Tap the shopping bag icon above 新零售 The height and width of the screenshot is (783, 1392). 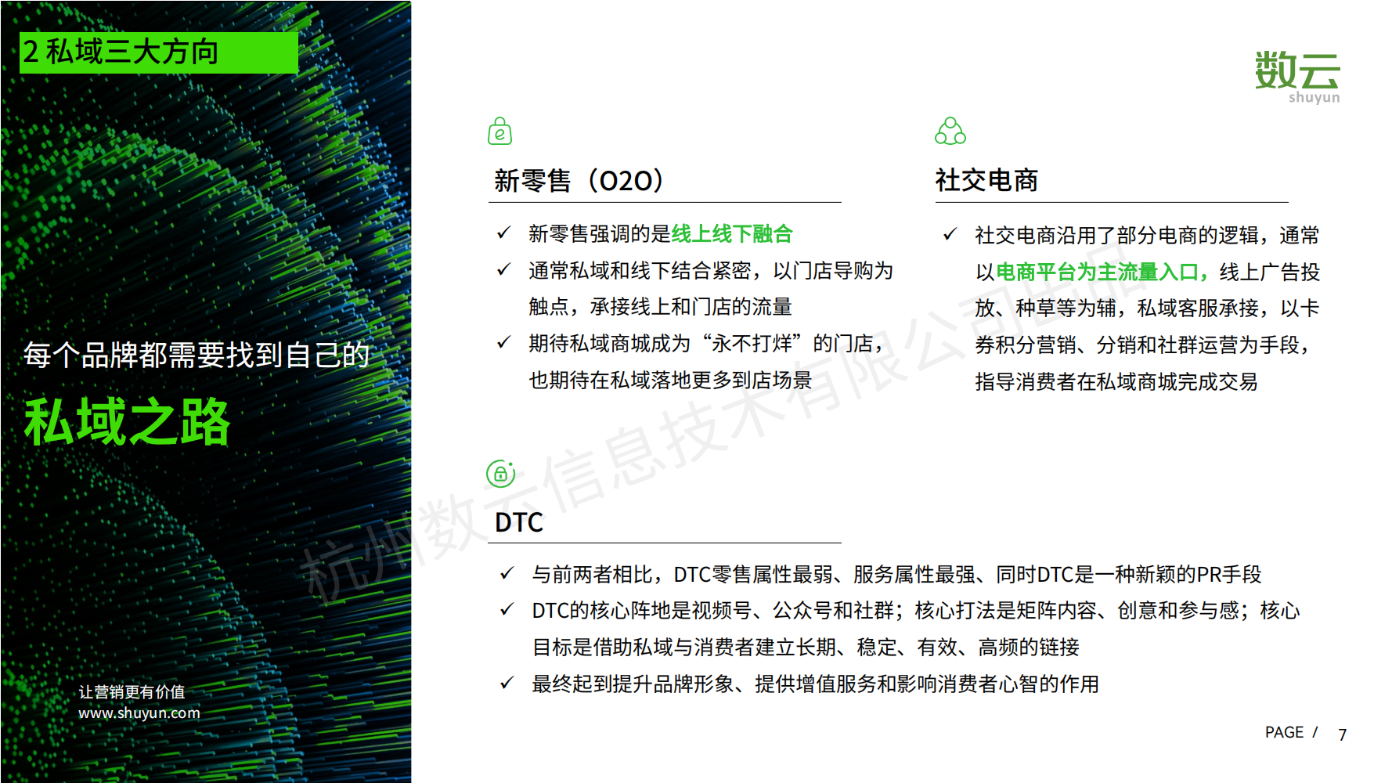click(499, 132)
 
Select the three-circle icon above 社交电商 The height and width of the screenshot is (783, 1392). click(950, 132)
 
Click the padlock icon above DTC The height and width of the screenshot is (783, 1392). click(501, 474)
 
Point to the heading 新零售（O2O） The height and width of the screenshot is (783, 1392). click(579, 181)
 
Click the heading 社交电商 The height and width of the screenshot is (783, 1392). click(986, 181)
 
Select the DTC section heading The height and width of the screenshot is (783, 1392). click(519, 522)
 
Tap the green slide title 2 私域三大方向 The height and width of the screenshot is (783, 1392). click(121, 52)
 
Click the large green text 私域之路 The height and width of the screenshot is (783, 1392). click(127, 421)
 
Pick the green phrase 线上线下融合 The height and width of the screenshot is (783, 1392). click(732, 233)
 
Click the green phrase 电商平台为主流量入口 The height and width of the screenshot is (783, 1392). click(1097, 272)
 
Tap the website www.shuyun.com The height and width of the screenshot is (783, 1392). click(139, 713)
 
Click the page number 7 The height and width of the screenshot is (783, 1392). click(1343, 734)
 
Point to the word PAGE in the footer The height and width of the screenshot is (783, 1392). click(1284, 732)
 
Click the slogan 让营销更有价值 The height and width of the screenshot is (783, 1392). click(132, 692)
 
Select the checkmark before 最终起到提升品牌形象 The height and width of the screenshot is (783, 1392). click(507, 683)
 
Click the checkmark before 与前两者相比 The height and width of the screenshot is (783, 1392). click(507, 573)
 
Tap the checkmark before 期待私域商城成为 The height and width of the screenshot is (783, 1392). click(503, 342)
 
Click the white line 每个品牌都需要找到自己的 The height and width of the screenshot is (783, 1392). click(197, 355)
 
